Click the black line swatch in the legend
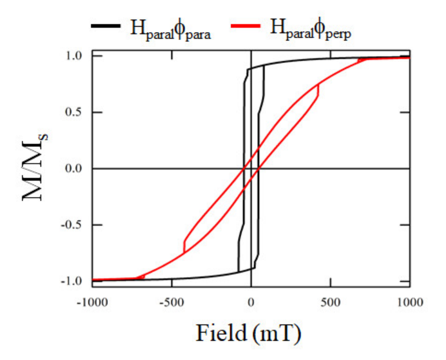click(x=105, y=26)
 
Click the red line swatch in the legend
click(x=245, y=26)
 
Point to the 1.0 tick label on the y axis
click(x=74, y=56)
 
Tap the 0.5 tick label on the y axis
click(x=74, y=112)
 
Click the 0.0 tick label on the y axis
click(x=74, y=168)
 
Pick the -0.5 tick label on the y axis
click(x=72, y=225)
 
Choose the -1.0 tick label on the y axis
click(x=72, y=281)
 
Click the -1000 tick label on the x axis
click(x=92, y=303)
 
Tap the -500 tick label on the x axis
click(x=172, y=303)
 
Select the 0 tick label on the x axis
click(x=251, y=303)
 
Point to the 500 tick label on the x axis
click(x=331, y=303)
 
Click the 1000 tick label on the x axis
click(x=410, y=303)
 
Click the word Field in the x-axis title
click(x=221, y=333)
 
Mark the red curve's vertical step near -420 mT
click(x=184, y=247)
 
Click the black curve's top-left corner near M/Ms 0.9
click(x=247, y=70)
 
